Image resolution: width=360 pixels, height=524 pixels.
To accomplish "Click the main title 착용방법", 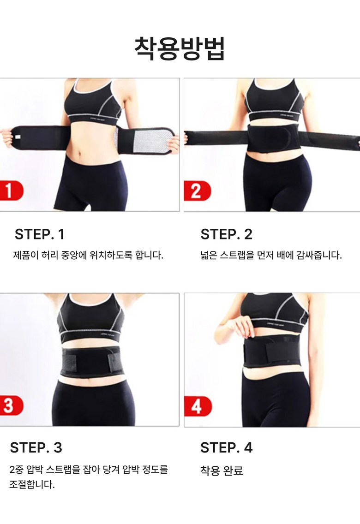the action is tap(180, 49).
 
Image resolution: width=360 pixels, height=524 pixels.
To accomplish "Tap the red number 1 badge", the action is tap(11, 191).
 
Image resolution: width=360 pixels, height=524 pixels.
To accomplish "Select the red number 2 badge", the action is tap(197, 191).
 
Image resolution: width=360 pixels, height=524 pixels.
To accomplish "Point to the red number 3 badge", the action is tap(11, 406).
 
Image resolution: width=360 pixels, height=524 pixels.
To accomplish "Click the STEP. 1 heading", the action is tap(39, 234).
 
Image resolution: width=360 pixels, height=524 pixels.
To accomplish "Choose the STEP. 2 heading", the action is tap(226, 234).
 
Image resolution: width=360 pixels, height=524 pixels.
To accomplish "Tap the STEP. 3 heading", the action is tap(36, 447).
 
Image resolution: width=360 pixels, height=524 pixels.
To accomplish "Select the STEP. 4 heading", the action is tap(226, 447).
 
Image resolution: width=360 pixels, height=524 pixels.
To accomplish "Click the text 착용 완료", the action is tap(221, 470).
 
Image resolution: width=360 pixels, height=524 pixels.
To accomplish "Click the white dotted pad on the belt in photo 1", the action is tap(143, 142).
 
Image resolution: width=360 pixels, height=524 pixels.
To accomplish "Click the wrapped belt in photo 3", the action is tap(91, 361).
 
